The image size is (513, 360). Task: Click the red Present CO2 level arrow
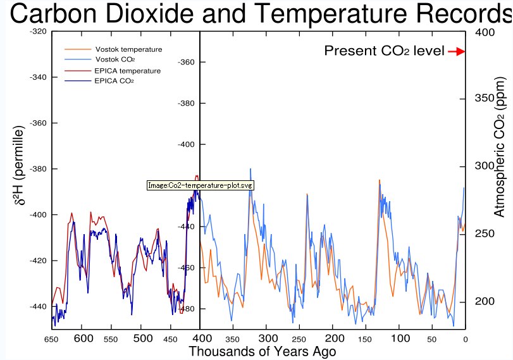pos(457,51)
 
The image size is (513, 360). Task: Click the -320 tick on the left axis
pos(39,32)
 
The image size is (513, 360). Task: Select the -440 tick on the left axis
pos(39,307)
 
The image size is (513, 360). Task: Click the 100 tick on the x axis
pos(400,338)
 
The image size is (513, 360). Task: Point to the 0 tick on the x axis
pos(465,339)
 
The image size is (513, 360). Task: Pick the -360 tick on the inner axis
pos(188,62)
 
